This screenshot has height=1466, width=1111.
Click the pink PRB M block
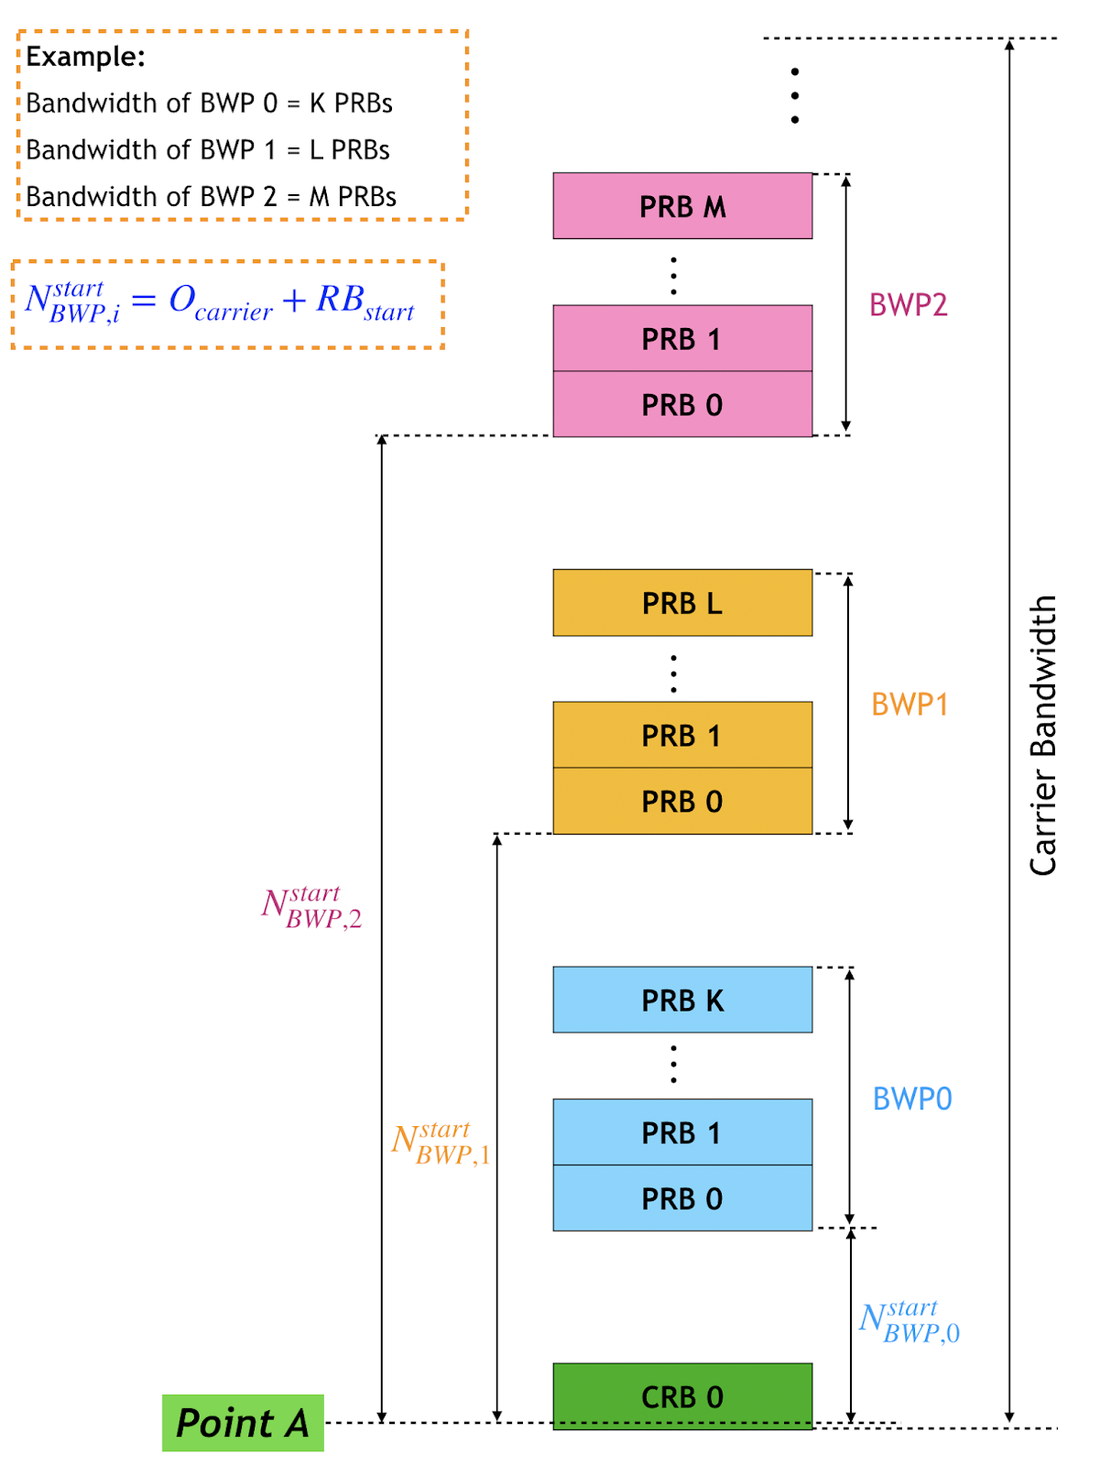click(682, 206)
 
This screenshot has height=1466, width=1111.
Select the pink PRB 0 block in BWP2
click(682, 404)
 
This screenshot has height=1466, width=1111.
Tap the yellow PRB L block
click(682, 603)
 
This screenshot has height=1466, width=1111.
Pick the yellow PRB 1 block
click(682, 735)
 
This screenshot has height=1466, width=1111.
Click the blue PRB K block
click(682, 1000)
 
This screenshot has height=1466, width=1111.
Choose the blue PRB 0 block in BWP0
click(682, 1198)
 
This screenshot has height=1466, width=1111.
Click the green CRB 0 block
click(682, 1396)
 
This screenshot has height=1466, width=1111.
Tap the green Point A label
click(243, 1423)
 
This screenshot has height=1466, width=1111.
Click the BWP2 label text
click(908, 305)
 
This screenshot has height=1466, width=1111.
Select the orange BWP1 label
click(909, 705)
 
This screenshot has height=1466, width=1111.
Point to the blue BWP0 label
click(911, 1099)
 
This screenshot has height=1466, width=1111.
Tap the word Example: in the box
click(85, 57)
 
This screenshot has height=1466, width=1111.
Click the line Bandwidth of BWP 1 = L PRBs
click(208, 150)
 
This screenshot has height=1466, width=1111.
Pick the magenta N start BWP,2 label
click(311, 907)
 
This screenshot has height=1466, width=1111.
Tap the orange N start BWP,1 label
click(441, 1143)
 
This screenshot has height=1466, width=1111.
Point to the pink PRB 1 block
click(682, 339)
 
